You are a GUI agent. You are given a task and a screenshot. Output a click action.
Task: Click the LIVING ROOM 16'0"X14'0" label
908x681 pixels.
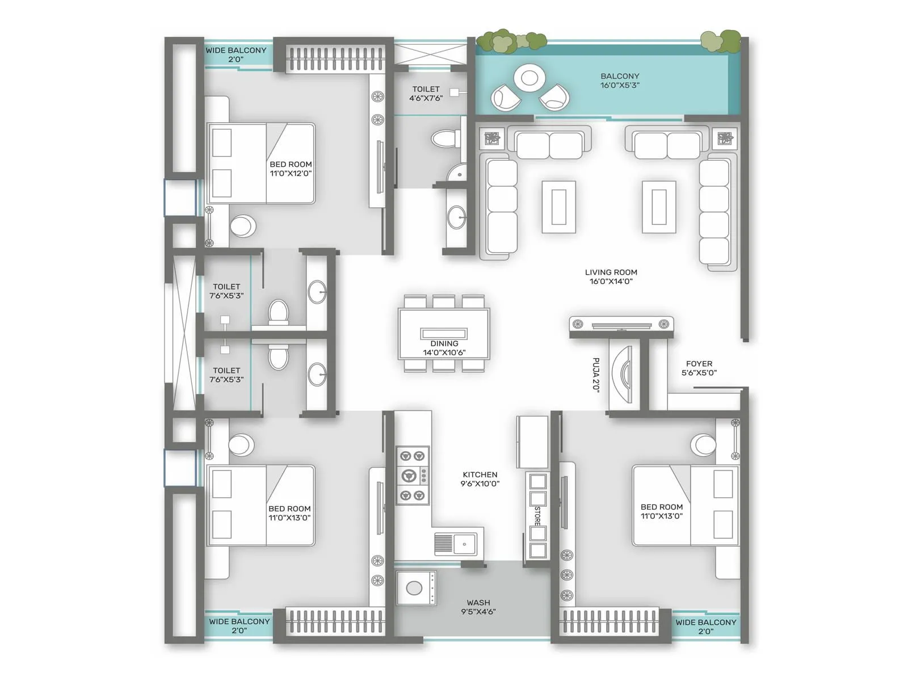(x=611, y=276)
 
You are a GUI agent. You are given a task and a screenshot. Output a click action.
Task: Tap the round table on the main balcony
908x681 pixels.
(x=529, y=77)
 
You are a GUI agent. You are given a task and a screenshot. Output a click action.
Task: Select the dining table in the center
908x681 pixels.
(x=444, y=334)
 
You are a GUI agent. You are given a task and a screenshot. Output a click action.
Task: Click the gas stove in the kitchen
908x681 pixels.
(x=413, y=475)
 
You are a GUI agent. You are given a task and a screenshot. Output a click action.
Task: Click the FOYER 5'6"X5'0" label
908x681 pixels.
(x=699, y=368)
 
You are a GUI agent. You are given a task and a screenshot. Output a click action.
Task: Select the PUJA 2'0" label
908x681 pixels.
(x=596, y=375)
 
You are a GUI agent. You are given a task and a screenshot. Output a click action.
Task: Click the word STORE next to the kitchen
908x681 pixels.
(x=537, y=515)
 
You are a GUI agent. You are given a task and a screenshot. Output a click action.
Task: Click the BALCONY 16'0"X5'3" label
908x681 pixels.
(x=620, y=80)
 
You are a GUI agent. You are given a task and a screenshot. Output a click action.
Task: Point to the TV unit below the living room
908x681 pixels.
(x=621, y=325)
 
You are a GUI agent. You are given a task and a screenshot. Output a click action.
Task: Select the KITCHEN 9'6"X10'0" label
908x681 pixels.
(x=480, y=479)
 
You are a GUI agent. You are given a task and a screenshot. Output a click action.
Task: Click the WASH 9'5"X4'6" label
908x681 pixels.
(x=478, y=607)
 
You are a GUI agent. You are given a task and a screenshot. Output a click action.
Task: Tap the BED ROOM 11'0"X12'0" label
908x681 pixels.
(x=291, y=169)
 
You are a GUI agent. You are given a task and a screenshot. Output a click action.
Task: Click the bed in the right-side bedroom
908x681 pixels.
(x=686, y=506)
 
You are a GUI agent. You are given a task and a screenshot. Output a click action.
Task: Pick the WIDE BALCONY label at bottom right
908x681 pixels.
(x=705, y=626)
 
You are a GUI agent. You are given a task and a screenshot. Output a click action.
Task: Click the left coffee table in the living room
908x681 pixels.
(x=558, y=207)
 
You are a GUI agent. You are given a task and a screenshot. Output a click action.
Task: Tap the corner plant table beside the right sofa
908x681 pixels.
(x=725, y=138)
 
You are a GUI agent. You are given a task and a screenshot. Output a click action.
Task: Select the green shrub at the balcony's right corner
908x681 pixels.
(x=720, y=41)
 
